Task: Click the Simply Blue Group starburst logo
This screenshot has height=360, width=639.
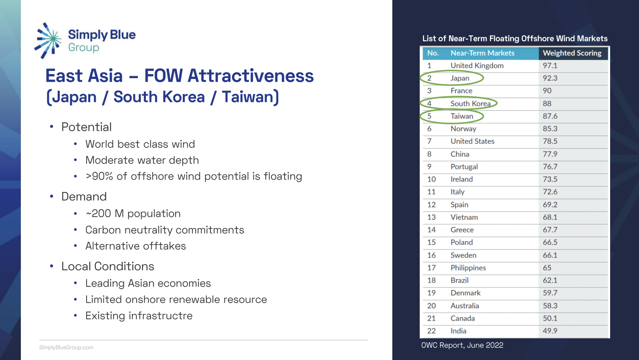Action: [48, 40]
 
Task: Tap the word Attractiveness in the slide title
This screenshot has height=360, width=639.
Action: [251, 76]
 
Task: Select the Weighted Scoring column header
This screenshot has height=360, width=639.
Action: [572, 53]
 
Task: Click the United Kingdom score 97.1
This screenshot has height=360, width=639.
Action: [550, 66]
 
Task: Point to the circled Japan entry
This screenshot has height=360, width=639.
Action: [459, 78]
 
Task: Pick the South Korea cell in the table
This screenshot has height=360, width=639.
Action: [470, 103]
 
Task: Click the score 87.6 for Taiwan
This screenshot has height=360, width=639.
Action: [550, 116]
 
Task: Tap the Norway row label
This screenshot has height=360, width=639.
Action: [463, 129]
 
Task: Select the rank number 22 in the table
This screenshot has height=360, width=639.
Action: [431, 331]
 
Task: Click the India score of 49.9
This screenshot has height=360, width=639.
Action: [550, 331]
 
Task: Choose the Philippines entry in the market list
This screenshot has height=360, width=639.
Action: [468, 268]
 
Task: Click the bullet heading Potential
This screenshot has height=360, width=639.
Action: [87, 127]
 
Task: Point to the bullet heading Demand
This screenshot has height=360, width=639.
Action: [84, 196]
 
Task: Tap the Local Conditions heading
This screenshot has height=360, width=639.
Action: [107, 266]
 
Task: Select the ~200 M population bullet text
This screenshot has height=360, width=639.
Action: [133, 213]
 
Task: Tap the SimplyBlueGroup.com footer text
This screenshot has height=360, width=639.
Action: [66, 348]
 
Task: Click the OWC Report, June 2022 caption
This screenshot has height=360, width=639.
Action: [462, 345]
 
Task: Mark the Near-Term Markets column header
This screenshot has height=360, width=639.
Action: [482, 53]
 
